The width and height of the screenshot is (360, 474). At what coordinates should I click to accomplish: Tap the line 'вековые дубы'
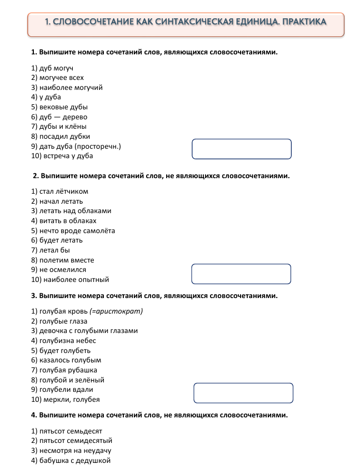pyautogui.click(x=59, y=107)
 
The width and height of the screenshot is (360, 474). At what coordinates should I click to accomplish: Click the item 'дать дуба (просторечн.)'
pyautogui.click(x=76, y=147)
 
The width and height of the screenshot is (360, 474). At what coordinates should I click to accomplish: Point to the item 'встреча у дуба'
pyautogui.click(x=62, y=157)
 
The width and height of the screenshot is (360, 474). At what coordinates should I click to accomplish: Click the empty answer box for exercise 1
pyautogui.click(x=241, y=149)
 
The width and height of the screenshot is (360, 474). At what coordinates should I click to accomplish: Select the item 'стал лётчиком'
pyautogui.click(x=59, y=191)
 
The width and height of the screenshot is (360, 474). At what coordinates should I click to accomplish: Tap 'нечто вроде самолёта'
pyautogui.click(x=73, y=231)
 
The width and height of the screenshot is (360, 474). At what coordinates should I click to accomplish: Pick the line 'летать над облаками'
pyautogui.click(x=71, y=211)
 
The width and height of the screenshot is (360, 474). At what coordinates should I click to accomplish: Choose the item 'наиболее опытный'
pyautogui.click(x=70, y=280)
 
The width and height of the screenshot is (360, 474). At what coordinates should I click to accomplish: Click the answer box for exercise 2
pyautogui.click(x=241, y=274)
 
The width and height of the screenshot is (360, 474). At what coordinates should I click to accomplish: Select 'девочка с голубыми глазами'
pyautogui.click(x=84, y=331)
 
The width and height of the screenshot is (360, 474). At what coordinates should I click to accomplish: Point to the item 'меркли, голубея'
pyautogui.click(x=66, y=400)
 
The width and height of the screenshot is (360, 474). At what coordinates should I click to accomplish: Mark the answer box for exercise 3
pyautogui.click(x=243, y=392)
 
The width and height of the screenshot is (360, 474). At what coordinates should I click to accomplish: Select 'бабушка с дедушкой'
pyautogui.click(x=71, y=461)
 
